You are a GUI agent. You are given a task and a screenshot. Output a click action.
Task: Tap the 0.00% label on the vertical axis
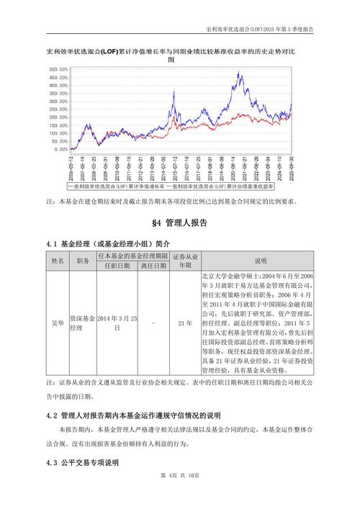click(61, 150)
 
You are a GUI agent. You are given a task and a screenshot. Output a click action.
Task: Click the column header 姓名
click(57, 261)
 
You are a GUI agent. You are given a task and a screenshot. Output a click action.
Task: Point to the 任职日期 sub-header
click(117, 265)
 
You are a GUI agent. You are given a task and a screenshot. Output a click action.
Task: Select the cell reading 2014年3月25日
click(117, 323)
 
